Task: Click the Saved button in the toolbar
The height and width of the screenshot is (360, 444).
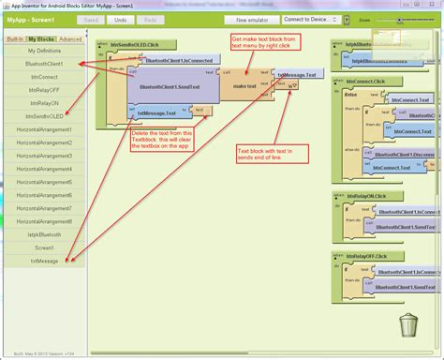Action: pos(91,19)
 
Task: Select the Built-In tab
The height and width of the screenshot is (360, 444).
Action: pos(15,39)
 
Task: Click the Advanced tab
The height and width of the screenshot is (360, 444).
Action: pos(70,39)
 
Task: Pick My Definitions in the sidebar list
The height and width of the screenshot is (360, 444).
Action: pos(44,51)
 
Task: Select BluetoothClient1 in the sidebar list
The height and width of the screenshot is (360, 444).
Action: pos(44,64)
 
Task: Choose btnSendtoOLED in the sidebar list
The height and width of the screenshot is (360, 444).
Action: pos(44,116)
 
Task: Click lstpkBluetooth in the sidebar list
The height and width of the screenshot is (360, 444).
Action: pos(44,234)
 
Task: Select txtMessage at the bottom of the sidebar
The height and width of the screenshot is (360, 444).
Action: pos(44,261)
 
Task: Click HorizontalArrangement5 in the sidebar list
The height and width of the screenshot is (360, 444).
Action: pos(44,182)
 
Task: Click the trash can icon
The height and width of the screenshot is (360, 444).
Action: pos(409,325)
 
